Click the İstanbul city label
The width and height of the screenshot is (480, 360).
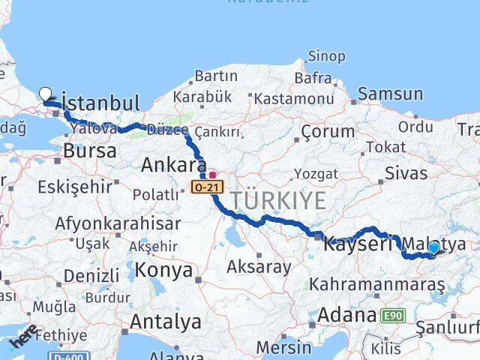pos(102,103)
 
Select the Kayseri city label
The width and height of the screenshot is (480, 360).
pos(358,244)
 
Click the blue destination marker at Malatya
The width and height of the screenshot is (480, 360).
pos(433,248)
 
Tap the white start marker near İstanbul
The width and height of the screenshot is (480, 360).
pos(46,94)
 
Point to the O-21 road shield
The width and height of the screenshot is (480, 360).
pos(204,184)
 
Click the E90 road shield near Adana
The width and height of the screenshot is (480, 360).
pos(391,316)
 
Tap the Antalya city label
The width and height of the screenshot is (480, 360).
pos(165,322)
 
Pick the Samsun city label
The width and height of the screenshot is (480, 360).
pos(390,94)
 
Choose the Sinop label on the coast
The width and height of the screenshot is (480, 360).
pos(327,56)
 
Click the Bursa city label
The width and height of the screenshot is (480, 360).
pos(90,150)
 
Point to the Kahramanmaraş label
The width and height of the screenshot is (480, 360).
pos(377,284)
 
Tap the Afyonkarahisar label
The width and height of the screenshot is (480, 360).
pos(117,223)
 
